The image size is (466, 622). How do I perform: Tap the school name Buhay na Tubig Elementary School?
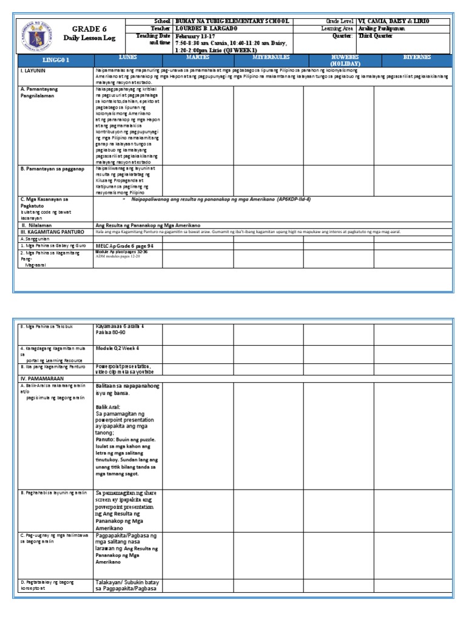click(x=232, y=21)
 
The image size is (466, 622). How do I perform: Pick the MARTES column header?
click(x=198, y=57)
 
